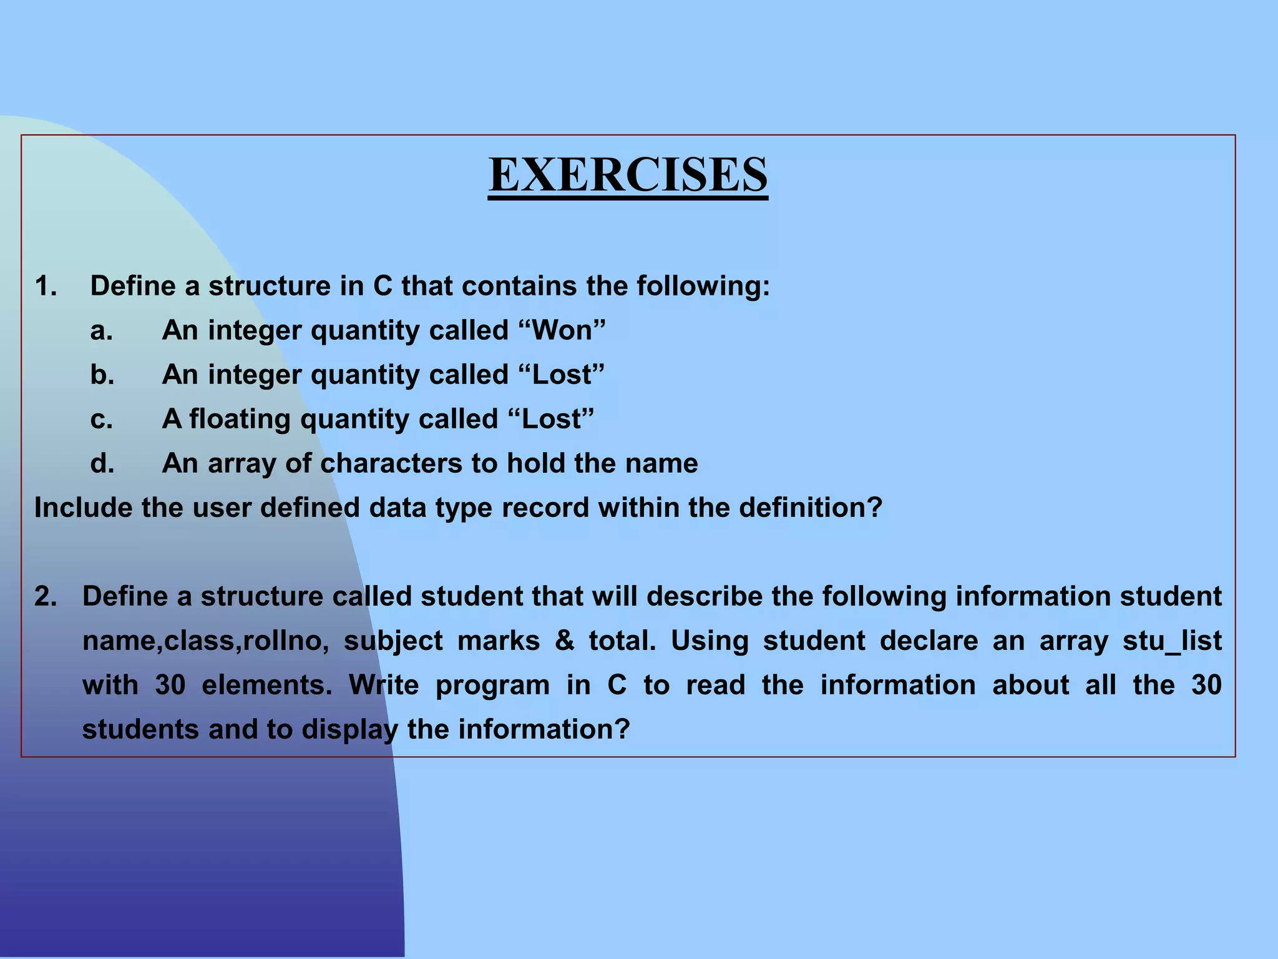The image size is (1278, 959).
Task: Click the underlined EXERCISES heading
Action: coord(628,175)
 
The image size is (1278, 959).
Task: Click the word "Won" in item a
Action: coord(562,330)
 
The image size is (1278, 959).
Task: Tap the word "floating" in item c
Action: coord(240,419)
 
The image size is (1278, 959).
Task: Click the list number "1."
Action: coord(46,286)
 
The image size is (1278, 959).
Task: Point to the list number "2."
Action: coord(46,596)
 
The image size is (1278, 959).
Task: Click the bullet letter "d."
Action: coord(102,463)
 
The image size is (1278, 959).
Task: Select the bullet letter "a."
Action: coord(102,330)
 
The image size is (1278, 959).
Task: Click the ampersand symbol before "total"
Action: coord(564,641)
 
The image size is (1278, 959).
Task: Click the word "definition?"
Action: coord(811,508)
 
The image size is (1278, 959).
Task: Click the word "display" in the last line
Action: coord(350,730)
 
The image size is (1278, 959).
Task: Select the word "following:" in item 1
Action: coord(703,286)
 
